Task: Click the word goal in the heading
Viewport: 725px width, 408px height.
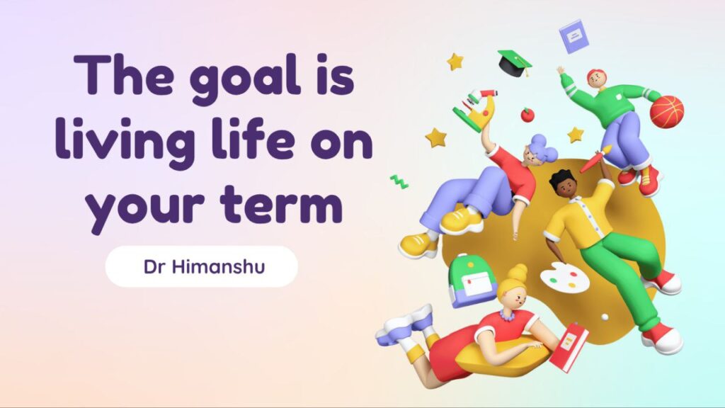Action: pos(245,78)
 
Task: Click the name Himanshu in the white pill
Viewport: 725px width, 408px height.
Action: pos(218,267)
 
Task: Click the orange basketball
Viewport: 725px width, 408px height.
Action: pos(666,111)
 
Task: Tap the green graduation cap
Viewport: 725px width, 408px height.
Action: pos(515,63)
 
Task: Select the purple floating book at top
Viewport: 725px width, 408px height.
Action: pos(573,36)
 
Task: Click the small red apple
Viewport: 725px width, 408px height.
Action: pos(527,114)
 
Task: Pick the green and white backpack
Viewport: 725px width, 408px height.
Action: pos(472,280)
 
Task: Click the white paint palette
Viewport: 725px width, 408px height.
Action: pos(564,277)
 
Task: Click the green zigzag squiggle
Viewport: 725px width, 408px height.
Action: pos(399,182)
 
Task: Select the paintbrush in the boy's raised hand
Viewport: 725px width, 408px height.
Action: pos(595,159)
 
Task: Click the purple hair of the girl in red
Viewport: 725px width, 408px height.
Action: pos(542,149)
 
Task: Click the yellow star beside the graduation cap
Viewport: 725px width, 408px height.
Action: pos(455,62)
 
